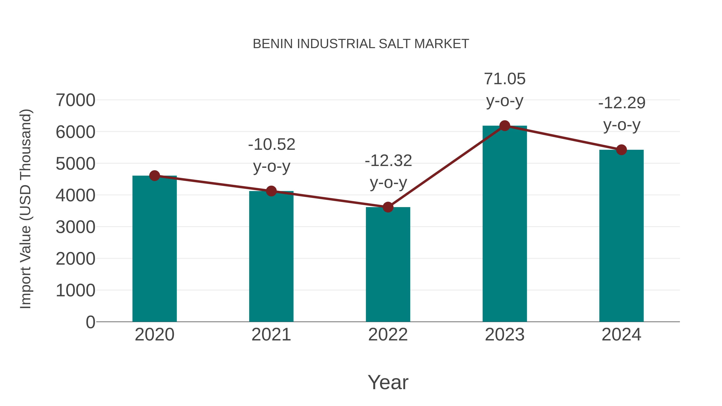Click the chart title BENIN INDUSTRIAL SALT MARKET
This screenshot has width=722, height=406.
click(361, 44)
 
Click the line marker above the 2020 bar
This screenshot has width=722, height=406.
click(154, 176)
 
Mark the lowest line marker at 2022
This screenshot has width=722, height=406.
click(388, 207)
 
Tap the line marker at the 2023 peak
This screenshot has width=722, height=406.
click(505, 126)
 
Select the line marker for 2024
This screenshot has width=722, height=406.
click(621, 150)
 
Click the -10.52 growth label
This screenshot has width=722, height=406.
click(272, 145)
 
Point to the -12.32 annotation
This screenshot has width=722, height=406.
click(388, 161)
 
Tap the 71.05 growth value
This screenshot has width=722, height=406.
click(505, 79)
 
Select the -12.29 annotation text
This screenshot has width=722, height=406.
click(622, 103)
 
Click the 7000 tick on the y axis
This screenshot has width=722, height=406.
click(75, 100)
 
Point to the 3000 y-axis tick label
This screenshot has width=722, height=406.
click(75, 227)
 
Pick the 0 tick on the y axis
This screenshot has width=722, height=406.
click(90, 322)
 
